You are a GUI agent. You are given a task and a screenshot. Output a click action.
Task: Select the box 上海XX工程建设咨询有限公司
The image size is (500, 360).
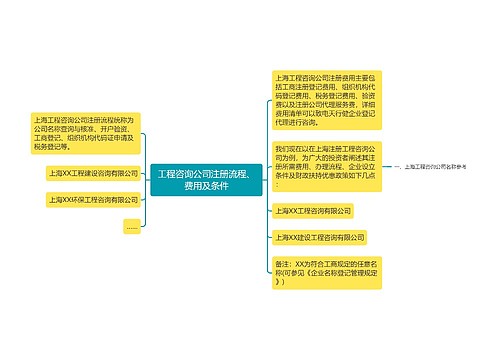92,172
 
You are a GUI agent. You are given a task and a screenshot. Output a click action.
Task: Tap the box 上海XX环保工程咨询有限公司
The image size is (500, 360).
92,199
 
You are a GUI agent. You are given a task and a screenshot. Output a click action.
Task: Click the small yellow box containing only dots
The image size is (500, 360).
131,227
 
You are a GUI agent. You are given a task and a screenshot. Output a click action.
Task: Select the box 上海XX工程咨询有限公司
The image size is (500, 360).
313,211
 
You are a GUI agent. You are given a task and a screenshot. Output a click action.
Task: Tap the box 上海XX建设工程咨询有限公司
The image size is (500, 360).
319,237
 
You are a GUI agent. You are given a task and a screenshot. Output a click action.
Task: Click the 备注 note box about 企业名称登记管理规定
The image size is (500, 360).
322,272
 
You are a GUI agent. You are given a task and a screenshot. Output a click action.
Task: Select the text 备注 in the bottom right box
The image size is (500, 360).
283,262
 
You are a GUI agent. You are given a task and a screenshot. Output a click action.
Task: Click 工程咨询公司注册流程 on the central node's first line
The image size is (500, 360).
193,173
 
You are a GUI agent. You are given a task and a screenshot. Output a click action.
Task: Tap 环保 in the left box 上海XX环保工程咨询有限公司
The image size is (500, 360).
76,199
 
